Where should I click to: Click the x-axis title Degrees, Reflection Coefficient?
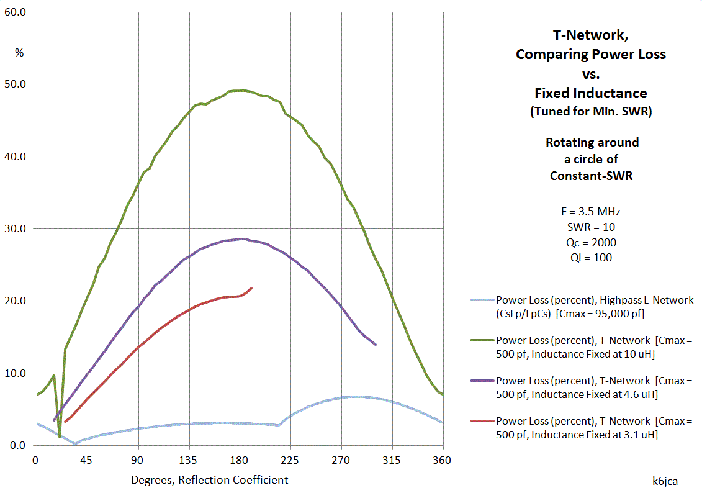click(209, 480)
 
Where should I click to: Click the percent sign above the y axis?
click(19, 53)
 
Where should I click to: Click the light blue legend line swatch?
click(482, 300)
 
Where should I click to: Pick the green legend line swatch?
click(482, 340)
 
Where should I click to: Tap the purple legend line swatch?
click(482, 381)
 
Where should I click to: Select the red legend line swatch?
click(482, 421)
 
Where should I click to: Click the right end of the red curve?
click(251, 288)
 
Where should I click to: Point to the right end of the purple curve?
click(376, 344)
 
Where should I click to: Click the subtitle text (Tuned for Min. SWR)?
click(591, 112)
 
